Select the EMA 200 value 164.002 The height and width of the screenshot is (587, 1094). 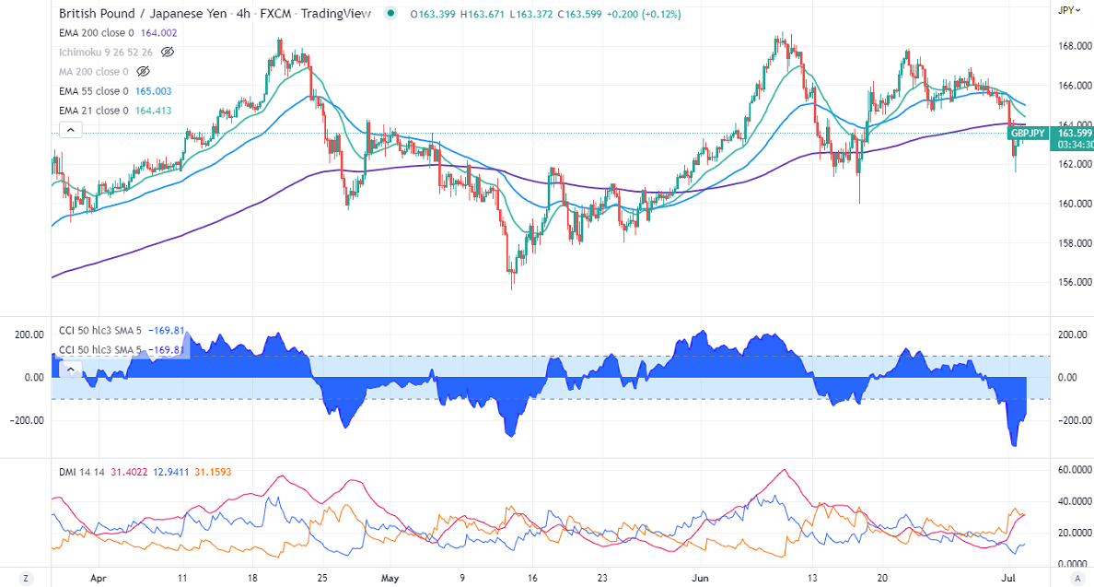(x=158, y=32)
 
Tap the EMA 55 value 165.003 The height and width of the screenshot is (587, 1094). (x=153, y=91)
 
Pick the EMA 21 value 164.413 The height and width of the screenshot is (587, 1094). (x=153, y=111)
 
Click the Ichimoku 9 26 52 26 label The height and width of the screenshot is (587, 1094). (x=105, y=52)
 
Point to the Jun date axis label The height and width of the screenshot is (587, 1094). (x=701, y=579)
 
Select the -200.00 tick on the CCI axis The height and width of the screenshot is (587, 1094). (x=1068, y=420)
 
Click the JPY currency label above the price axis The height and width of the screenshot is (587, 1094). (x=1066, y=9)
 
